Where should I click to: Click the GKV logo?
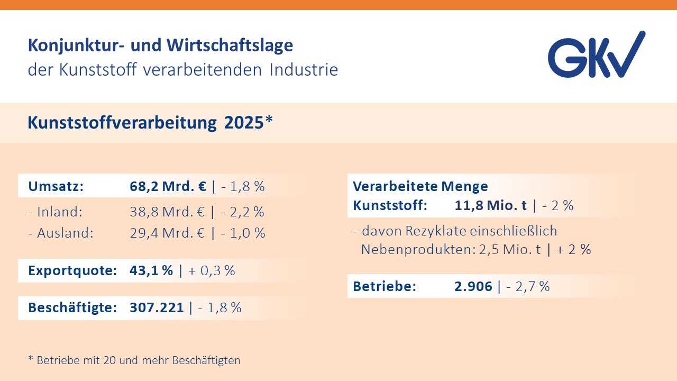(x=596, y=55)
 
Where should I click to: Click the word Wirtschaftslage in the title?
(x=230, y=46)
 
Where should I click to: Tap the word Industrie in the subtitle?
(x=304, y=70)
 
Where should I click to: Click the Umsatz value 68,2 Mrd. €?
(x=168, y=186)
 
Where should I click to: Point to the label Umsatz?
(x=56, y=186)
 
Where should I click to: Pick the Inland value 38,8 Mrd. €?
(x=167, y=212)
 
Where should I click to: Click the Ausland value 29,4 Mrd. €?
(x=167, y=233)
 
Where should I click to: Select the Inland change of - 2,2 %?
(x=243, y=212)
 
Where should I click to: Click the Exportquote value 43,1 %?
(x=151, y=270)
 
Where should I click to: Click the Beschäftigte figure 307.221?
(x=157, y=307)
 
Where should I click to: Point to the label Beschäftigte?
(x=72, y=307)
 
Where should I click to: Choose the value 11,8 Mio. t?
(x=490, y=205)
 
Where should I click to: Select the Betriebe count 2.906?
(x=473, y=286)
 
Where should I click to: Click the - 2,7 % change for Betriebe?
(x=528, y=286)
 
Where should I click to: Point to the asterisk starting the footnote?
(x=30, y=359)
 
